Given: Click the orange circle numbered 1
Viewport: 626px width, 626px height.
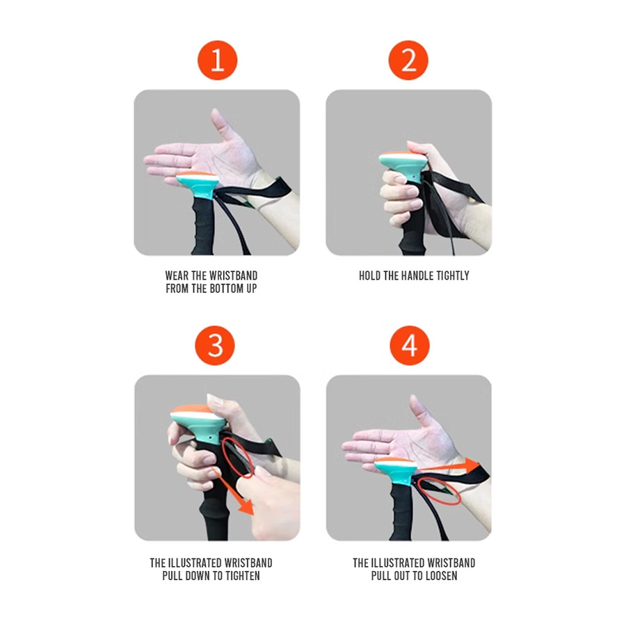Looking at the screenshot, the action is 217,61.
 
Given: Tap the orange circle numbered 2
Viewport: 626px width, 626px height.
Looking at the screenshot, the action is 408,61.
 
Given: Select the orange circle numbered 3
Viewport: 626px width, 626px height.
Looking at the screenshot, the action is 215,345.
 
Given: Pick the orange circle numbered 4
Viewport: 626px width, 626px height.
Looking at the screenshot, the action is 410,345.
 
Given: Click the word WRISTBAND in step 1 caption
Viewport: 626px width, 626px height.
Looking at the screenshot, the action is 233,276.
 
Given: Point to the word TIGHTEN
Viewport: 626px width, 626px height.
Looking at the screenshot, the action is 243,576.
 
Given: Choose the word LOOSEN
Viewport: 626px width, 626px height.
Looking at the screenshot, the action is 440,576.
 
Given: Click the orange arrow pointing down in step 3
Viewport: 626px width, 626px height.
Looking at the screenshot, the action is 233,492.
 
